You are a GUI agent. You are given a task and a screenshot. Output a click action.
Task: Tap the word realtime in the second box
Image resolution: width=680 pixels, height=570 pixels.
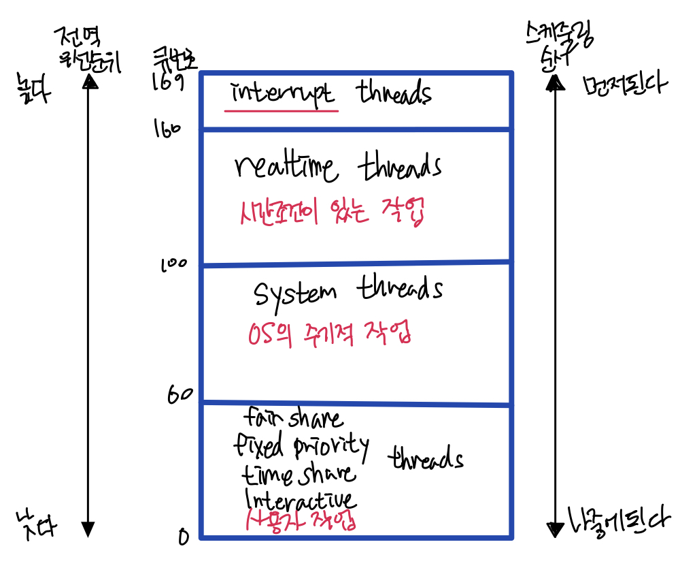(x=286, y=167)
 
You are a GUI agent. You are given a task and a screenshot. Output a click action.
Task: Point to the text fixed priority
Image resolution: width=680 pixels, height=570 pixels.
(x=301, y=446)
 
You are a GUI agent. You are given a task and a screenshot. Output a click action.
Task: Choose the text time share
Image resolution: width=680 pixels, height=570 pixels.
(x=298, y=473)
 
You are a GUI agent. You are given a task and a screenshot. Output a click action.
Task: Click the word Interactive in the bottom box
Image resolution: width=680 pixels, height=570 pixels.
(x=299, y=498)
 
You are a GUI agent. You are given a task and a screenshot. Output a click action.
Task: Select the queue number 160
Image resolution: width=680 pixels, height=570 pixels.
(x=168, y=129)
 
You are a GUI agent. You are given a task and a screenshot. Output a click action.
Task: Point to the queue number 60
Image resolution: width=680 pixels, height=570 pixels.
(x=180, y=395)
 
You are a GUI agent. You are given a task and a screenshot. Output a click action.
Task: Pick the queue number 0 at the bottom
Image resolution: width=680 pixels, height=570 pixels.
(x=182, y=538)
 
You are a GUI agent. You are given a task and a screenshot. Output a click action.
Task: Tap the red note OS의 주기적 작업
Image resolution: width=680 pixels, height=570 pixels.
(x=328, y=335)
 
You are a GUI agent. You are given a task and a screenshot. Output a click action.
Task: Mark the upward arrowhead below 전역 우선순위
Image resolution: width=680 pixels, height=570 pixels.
(x=88, y=81)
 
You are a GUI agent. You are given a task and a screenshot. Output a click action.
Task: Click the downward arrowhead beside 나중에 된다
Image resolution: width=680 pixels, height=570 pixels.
(x=555, y=528)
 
